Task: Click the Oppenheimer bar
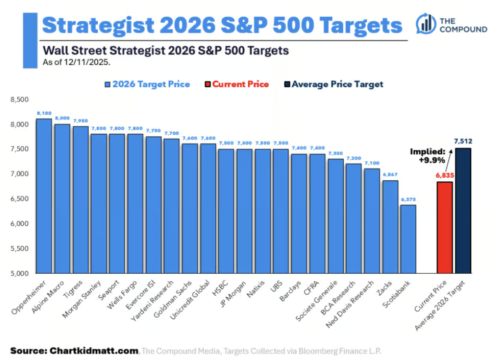click(x=44, y=196)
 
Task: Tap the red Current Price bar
click(x=445, y=227)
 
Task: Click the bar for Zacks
click(x=390, y=227)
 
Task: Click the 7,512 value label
click(x=463, y=142)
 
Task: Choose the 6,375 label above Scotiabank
click(x=408, y=199)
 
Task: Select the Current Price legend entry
click(x=237, y=84)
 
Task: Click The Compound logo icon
click(x=426, y=24)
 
